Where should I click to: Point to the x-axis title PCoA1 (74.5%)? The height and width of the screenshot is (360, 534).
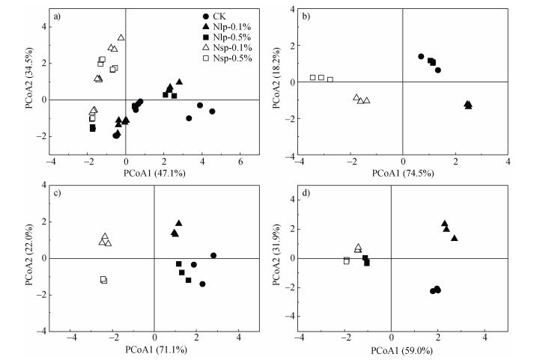pyautogui.click(x=403, y=173)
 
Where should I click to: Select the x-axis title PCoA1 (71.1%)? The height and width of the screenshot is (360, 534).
pyautogui.click(x=154, y=350)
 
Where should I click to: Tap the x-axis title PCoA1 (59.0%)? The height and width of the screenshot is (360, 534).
pyautogui.click(x=392, y=350)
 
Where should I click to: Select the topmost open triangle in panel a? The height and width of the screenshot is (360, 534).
pyautogui.click(x=121, y=37)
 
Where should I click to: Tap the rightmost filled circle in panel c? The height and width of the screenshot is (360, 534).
pyautogui.click(x=213, y=255)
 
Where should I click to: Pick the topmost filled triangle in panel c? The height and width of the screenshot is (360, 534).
pyautogui.click(x=179, y=223)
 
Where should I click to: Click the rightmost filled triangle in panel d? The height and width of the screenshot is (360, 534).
pyautogui.click(x=455, y=238)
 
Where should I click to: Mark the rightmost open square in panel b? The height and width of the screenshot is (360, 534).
pyautogui.click(x=330, y=79)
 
